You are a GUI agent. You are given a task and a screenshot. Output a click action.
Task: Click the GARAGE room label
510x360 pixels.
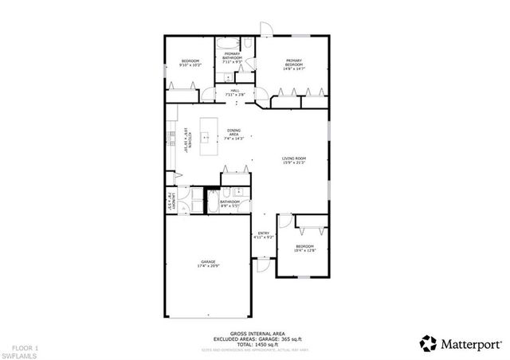point(210,261)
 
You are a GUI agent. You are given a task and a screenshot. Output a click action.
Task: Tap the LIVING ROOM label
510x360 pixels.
point(293,159)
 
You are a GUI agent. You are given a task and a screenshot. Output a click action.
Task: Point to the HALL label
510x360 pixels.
point(235,92)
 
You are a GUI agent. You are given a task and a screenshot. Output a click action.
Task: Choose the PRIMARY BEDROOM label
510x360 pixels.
point(293,61)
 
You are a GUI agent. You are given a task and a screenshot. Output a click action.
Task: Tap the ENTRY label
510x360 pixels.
point(263,233)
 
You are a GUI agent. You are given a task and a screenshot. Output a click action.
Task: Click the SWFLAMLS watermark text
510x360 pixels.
point(18,348)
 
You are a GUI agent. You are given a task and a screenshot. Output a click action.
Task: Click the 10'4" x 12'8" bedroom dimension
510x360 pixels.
point(305,251)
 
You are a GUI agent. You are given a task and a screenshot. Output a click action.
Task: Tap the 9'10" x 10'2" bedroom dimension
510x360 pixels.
point(190,65)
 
